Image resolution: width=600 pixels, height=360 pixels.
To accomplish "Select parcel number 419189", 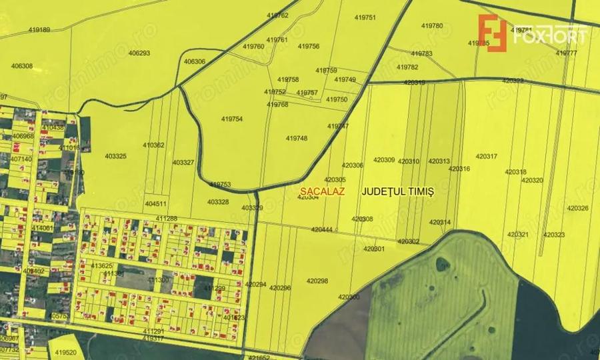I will click(40, 30).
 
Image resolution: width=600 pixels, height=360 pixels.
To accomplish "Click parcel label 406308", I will click(22, 66).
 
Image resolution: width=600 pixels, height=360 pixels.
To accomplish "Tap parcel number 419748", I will click(297, 138).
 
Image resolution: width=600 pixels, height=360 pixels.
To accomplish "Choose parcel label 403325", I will click(115, 156).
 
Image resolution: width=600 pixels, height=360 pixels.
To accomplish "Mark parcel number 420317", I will click(487, 157).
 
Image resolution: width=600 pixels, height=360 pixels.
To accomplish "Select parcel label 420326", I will click(578, 208).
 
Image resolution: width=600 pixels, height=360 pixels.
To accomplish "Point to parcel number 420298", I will click(317, 281).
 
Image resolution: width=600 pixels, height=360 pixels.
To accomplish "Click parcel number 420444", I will click(321, 229).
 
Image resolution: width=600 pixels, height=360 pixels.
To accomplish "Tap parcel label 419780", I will click(432, 25).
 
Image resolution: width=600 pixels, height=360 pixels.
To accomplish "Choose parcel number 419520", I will click(65, 353).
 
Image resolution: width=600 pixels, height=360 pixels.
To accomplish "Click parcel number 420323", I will click(554, 235).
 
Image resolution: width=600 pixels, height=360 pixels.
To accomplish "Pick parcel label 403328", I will click(218, 201).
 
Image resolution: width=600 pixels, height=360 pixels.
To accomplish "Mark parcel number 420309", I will click(384, 160).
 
